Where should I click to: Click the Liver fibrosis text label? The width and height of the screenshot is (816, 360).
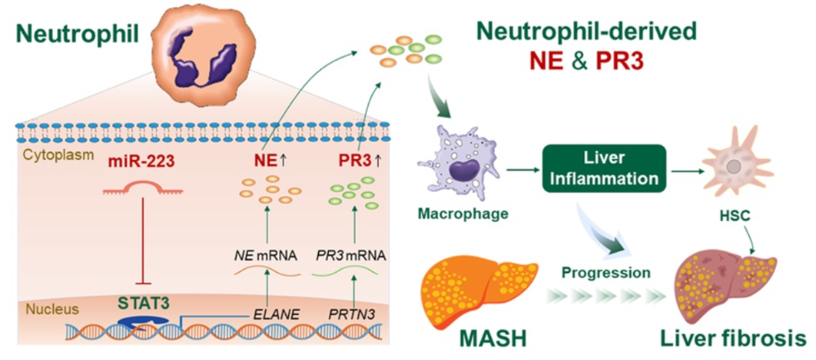point(738,338)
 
